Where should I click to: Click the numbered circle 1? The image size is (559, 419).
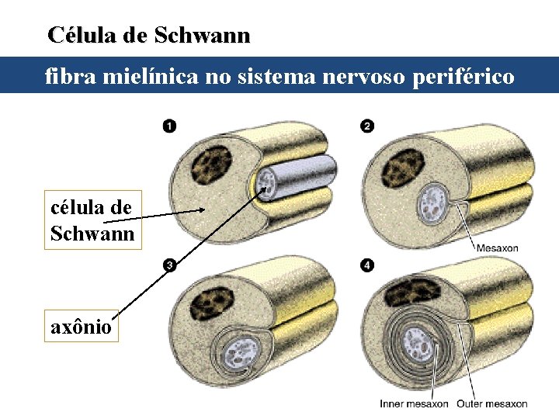coord(169,126)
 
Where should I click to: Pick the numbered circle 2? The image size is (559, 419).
coord(367,126)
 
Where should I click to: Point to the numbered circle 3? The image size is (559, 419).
coord(169,266)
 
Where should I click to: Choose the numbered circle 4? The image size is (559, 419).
coord(367,266)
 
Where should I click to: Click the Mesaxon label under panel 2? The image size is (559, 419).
coord(497,248)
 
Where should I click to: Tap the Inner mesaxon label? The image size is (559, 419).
coord(414,403)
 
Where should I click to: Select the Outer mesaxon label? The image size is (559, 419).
coord(491,403)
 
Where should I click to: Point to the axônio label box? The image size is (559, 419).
coord(81,327)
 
